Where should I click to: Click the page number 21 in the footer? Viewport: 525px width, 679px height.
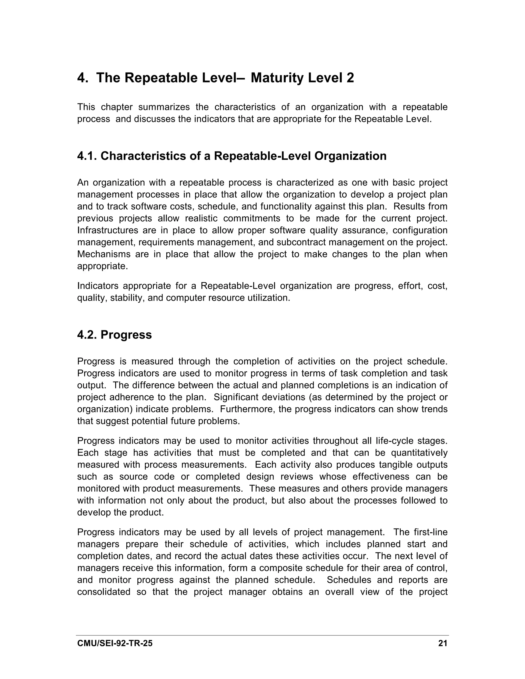[x=442, y=643]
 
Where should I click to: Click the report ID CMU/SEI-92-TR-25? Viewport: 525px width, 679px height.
[x=115, y=643]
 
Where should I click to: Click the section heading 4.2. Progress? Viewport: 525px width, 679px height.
[x=114, y=335]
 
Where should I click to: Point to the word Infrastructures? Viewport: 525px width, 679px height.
[x=107, y=230]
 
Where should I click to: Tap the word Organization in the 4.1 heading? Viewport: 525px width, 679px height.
[x=350, y=156]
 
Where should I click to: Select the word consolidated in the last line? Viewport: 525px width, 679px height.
[x=104, y=592]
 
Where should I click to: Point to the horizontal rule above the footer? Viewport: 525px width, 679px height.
[x=262, y=635]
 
